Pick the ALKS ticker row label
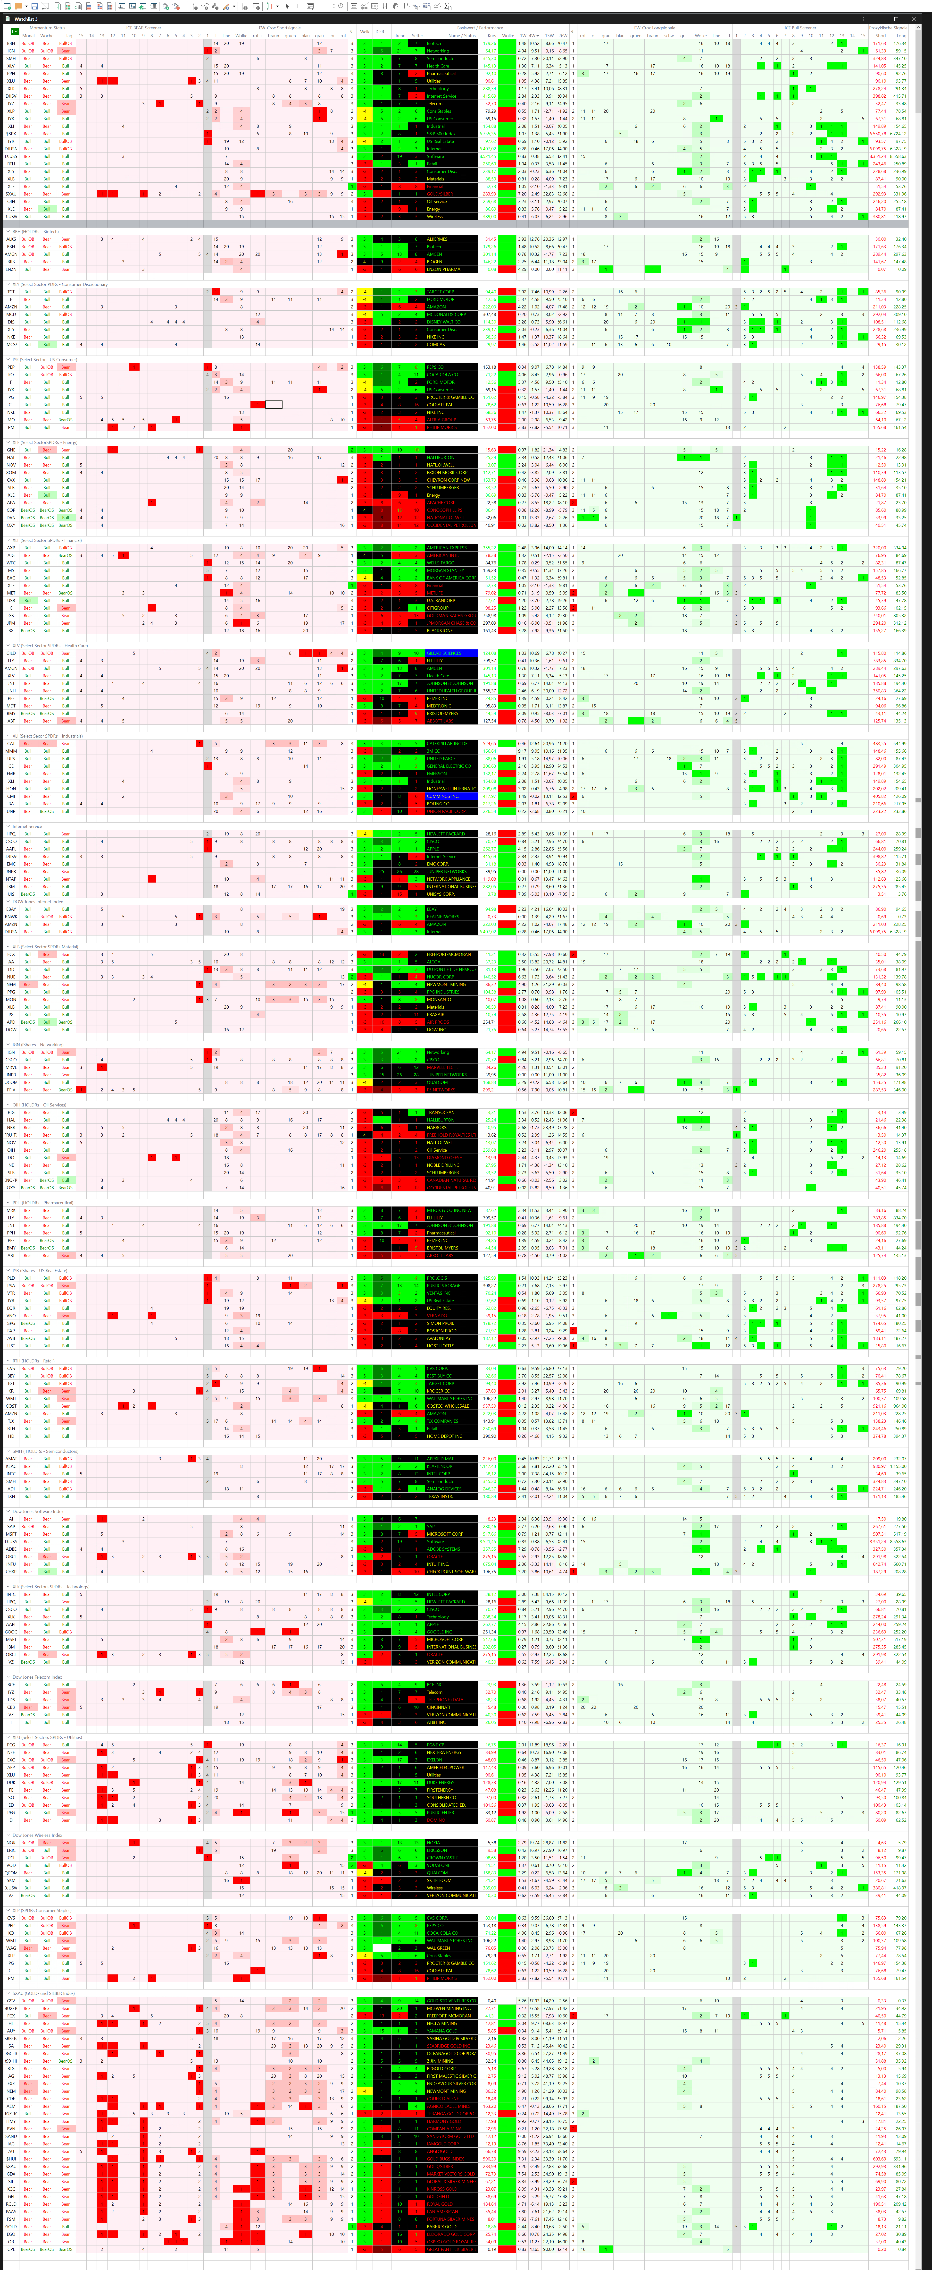click(x=11, y=239)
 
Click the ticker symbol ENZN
click(x=11, y=269)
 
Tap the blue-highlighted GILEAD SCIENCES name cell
click(x=451, y=653)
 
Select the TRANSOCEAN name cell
click(x=451, y=1112)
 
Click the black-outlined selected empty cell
click(x=274, y=404)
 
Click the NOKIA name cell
click(x=451, y=1843)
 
